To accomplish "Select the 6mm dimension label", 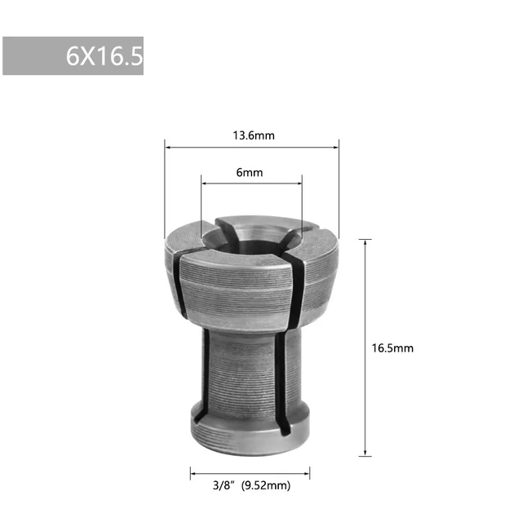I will click(250, 172).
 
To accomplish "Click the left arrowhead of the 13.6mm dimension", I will click(167, 147).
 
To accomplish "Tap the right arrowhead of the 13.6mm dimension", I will click(336, 147).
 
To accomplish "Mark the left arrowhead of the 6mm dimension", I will click(203, 184).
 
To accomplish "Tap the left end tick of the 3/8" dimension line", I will click(191, 472).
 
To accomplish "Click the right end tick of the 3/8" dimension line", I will click(310, 472).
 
